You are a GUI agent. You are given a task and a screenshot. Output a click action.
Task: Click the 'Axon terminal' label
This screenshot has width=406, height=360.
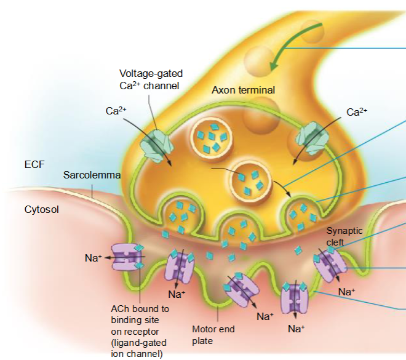coord(243,90)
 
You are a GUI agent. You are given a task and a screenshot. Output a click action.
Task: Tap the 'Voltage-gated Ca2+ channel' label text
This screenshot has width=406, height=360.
coord(151,80)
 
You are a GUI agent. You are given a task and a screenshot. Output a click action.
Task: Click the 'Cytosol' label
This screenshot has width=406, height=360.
coord(41,209)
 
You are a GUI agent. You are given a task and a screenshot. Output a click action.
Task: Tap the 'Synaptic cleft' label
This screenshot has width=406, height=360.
coord(344,236)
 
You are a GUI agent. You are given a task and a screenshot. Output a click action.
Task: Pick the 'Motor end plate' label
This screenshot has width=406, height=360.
coord(213,335)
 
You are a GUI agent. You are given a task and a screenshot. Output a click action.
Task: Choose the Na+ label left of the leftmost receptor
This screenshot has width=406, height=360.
coord(93,258)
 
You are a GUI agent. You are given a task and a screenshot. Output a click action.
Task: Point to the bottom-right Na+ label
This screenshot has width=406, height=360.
coord(296,329)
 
